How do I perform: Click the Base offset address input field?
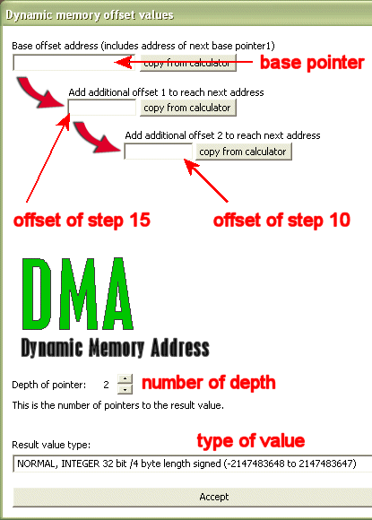tap(74, 63)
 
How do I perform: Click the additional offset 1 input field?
tap(102, 108)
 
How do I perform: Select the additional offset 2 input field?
tap(158, 152)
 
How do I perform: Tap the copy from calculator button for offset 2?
tap(243, 152)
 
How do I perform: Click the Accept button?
tap(214, 497)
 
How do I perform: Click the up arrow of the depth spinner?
tap(125, 378)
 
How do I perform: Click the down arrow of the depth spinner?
tap(125, 389)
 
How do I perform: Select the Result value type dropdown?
tap(193, 464)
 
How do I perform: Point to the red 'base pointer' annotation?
tap(312, 63)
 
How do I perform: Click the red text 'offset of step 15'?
tap(82, 221)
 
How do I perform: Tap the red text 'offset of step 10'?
tap(281, 221)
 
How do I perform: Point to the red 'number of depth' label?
tap(209, 383)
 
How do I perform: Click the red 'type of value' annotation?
tap(251, 441)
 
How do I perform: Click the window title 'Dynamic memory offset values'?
tap(90, 15)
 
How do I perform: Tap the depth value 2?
tap(106, 385)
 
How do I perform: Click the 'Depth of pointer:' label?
tap(48, 385)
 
